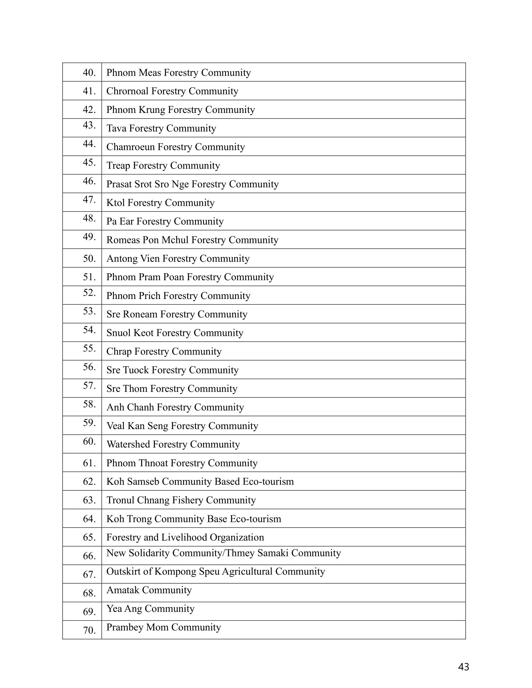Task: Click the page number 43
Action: coord(463,667)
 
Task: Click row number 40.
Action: coord(89,73)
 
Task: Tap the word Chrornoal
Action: coord(127,91)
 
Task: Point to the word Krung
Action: coord(154,110)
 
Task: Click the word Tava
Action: coord(116,128)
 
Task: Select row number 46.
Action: coord(89,181)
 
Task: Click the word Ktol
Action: coord(116,203)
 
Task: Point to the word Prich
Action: coord(149,296)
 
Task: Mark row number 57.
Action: coord(89,386)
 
